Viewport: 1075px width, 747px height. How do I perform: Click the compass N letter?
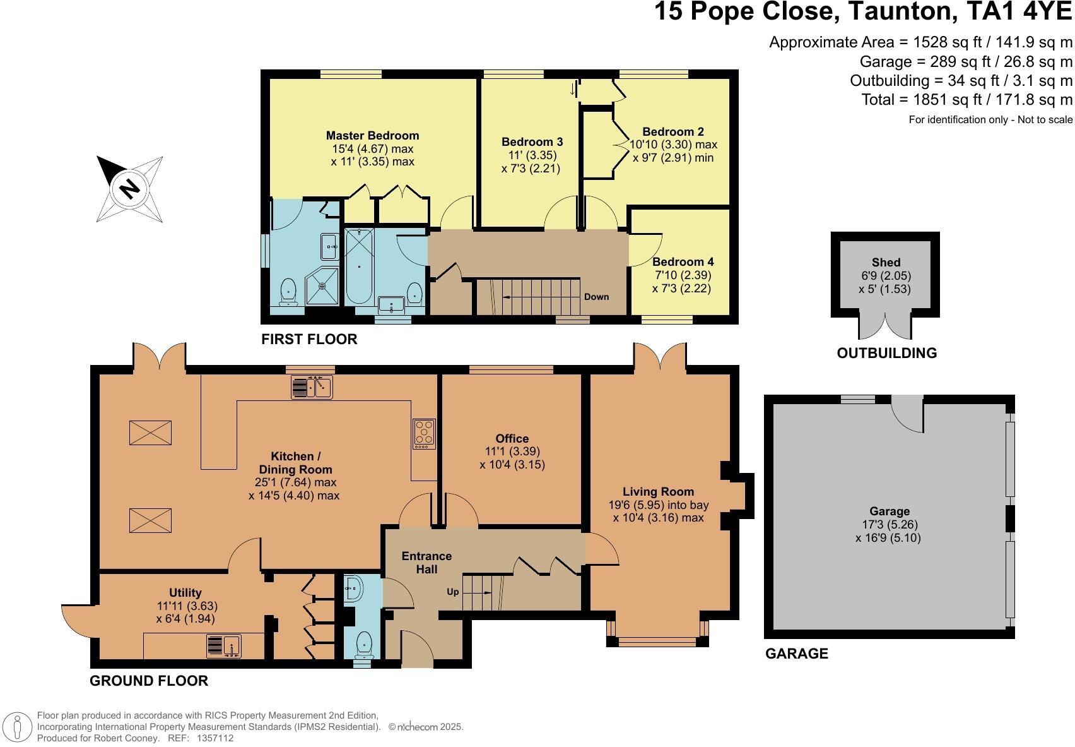click(x=129, y=188)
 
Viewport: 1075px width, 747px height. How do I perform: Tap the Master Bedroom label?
click(x=372, y=136)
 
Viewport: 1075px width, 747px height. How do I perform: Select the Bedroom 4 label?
click(x=683, y=262)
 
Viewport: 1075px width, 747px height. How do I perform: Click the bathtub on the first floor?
click(x=359, y=267)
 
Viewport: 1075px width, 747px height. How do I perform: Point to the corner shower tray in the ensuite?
click(x=322, y=285)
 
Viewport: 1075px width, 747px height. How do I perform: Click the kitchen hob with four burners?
click(x=424, y=434)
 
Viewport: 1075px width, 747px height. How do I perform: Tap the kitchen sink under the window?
click(x=312, y=386)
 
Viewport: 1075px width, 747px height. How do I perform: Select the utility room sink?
click(x=223, y=647)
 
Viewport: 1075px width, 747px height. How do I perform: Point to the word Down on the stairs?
click(x=596, y=297)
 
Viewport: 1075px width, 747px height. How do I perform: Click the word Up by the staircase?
click(x=453, y=592)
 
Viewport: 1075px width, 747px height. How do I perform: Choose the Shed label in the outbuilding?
click(x=886, y=262)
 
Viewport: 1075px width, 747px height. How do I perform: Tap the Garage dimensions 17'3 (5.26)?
click(x=890, y=525)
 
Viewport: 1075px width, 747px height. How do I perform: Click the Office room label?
click(x=512, y=438)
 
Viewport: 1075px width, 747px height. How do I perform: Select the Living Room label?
click(x=658, y=491)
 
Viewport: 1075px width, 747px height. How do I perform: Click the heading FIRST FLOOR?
click(x=309, y=339)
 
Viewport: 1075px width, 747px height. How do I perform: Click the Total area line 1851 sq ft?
click(x=966, y=100)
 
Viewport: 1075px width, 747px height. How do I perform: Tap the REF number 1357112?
click(x=215, y=738)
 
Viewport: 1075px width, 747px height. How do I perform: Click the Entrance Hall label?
click(x=426, y=562)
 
